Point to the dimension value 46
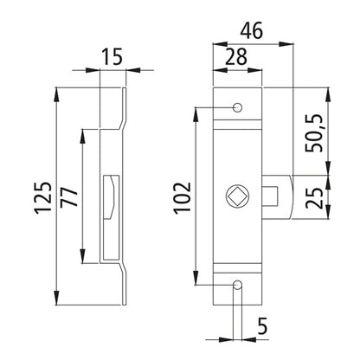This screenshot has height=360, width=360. pyautogui.click(x=251, y=30)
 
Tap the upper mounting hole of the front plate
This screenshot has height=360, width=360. pyautogui.click(x=238, y=108)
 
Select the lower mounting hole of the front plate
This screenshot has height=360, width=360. pyautogui.click(x=238, y=284)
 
